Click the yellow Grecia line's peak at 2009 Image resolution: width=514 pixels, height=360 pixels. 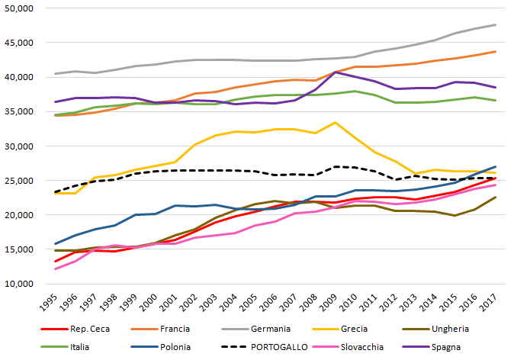(x=335, y=122)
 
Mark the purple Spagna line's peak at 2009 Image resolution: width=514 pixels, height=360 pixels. (x=335, y=72)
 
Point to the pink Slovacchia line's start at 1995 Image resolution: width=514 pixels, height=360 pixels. (x=56, y=268)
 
